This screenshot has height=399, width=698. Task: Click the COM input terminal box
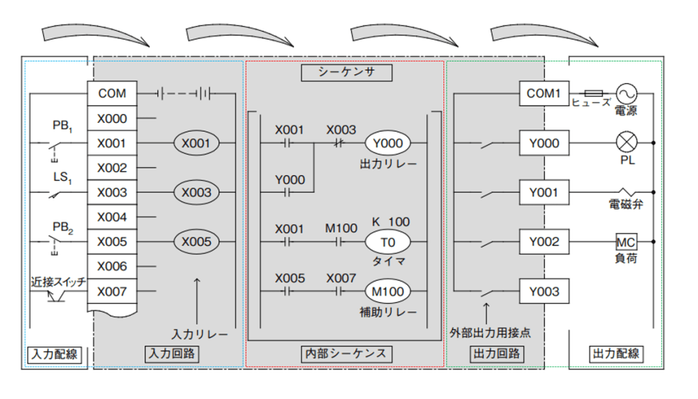click(112, 93)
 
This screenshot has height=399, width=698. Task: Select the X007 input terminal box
click(112, 292)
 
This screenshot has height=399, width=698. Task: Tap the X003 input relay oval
click(197, 192)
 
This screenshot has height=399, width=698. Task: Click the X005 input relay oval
click(197, 241)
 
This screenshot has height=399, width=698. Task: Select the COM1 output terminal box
click(543, 93)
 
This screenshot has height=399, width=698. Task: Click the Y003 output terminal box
click(543, 292)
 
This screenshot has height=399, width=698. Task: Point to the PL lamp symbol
click(625, 143)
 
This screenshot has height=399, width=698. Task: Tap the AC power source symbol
click(626, 93)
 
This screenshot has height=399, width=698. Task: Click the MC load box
click(625, 242)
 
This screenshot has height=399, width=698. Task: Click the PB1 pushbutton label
click(61, 126)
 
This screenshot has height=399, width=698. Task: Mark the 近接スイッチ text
click(57, 280)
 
